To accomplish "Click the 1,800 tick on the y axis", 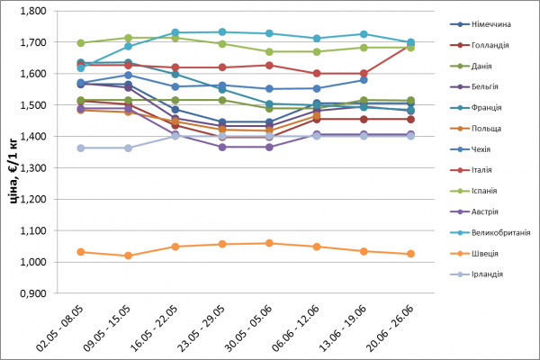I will (x=32, y=12).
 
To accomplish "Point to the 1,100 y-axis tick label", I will (x=32, y=230).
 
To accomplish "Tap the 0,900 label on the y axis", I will (x=32, y=293).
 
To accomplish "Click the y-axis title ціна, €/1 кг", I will (x=13, y=153).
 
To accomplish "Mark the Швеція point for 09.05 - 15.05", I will (x=128, y=256).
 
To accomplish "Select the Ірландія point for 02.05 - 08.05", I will (x=81, y=148).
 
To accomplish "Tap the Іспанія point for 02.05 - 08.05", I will (x=81, y=43).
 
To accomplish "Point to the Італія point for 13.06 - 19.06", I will (x=364, y=73).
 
